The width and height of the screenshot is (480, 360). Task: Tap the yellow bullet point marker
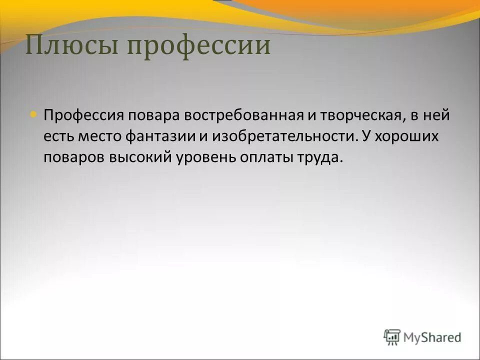pyautogui.click(x=33, y=114)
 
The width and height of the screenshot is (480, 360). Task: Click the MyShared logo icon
pyautogui.click(x=392, y=337)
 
